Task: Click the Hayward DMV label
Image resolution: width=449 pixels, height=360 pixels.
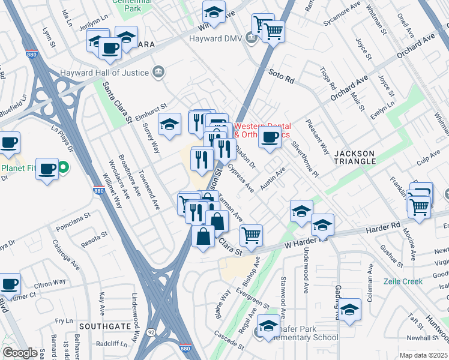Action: coord(215,38)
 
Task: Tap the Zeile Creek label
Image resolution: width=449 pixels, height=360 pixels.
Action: coord(403,281)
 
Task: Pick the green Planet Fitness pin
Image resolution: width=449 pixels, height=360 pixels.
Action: coord(62,167)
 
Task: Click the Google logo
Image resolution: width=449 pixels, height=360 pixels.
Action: coord(20,352)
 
